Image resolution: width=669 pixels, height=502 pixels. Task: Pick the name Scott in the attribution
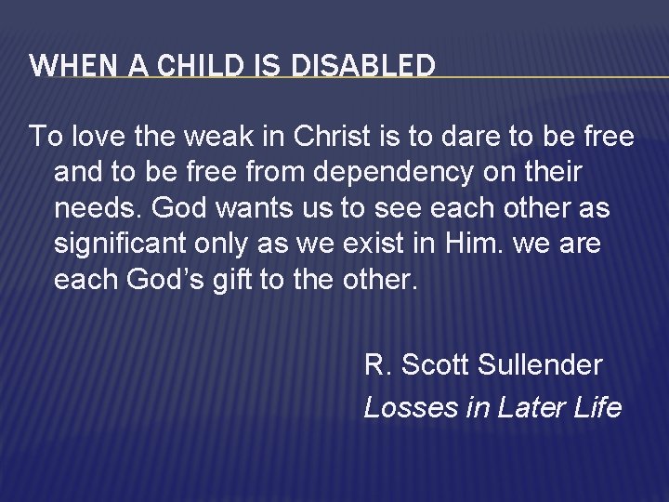[435, 365]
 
